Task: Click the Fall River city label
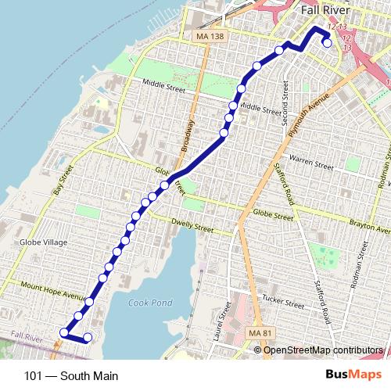(x=326, y=12)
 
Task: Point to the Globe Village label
(x=45, y=242)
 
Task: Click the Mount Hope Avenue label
(x=53, y=291)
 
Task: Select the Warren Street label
(x=312, y=164)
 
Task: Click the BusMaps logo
(x=359, y=375)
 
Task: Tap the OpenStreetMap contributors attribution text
(x=323, y=350)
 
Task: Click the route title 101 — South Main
(x=71, y=376)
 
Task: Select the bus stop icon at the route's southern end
(x=63, y=333)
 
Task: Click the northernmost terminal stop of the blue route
(x=326, y=43)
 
